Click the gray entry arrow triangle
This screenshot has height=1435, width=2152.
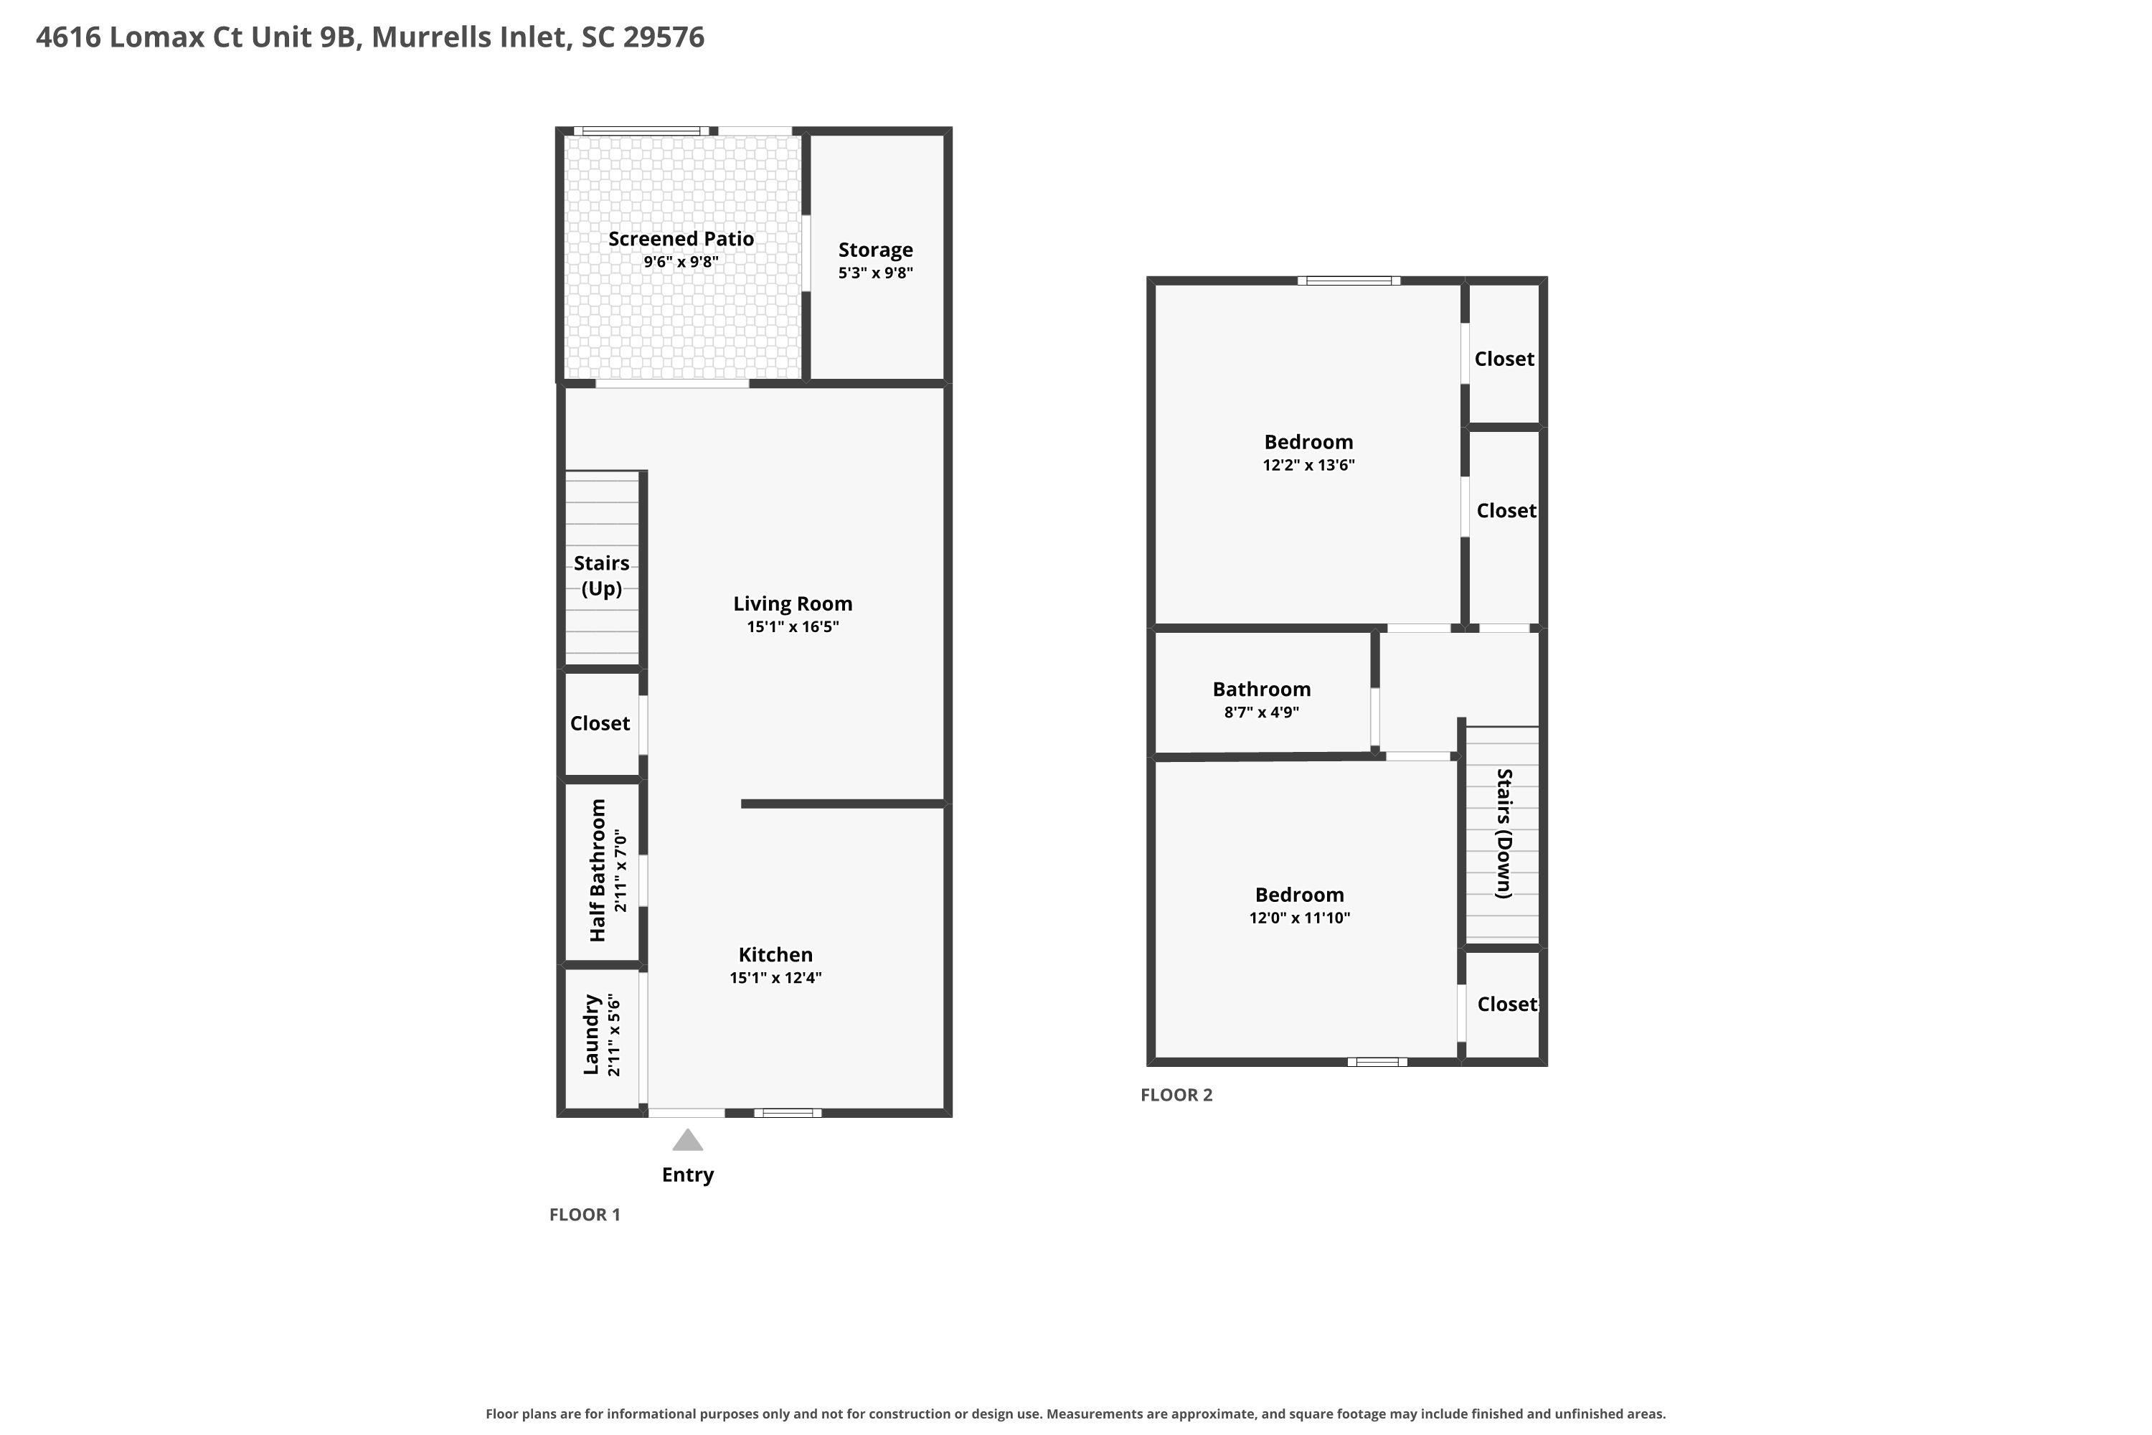(x=687, y=1139)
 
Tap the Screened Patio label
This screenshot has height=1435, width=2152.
(x=681, y=239)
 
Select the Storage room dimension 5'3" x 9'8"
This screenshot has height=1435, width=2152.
(x=876, y=273)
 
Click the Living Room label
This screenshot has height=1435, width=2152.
(x=793, y=604)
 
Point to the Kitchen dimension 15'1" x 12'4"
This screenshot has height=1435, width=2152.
(x=776, y=977)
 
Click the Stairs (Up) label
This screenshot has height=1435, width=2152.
(x=601, y=575)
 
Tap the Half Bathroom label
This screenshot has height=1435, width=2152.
(x=598, y=870)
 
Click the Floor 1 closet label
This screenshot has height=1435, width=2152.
(x=600, y=723)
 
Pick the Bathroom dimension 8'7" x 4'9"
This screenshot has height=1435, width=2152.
(x=1262, y=712)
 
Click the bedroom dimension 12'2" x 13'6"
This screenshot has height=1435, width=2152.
(x=1308, y=465)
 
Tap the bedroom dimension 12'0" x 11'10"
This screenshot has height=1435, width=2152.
(x=1299, y=918)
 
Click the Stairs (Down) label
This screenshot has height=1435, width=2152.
(x=1504, y=834)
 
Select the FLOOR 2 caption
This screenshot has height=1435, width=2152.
(x=1176, y=1095)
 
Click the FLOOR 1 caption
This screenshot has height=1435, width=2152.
(x=585, y=1215)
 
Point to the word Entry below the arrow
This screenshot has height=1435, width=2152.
(x=688, y=1175)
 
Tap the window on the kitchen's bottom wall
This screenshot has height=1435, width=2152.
(x=788, y=1113)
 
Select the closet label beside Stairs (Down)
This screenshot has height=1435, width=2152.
(x=1507, y=1004)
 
